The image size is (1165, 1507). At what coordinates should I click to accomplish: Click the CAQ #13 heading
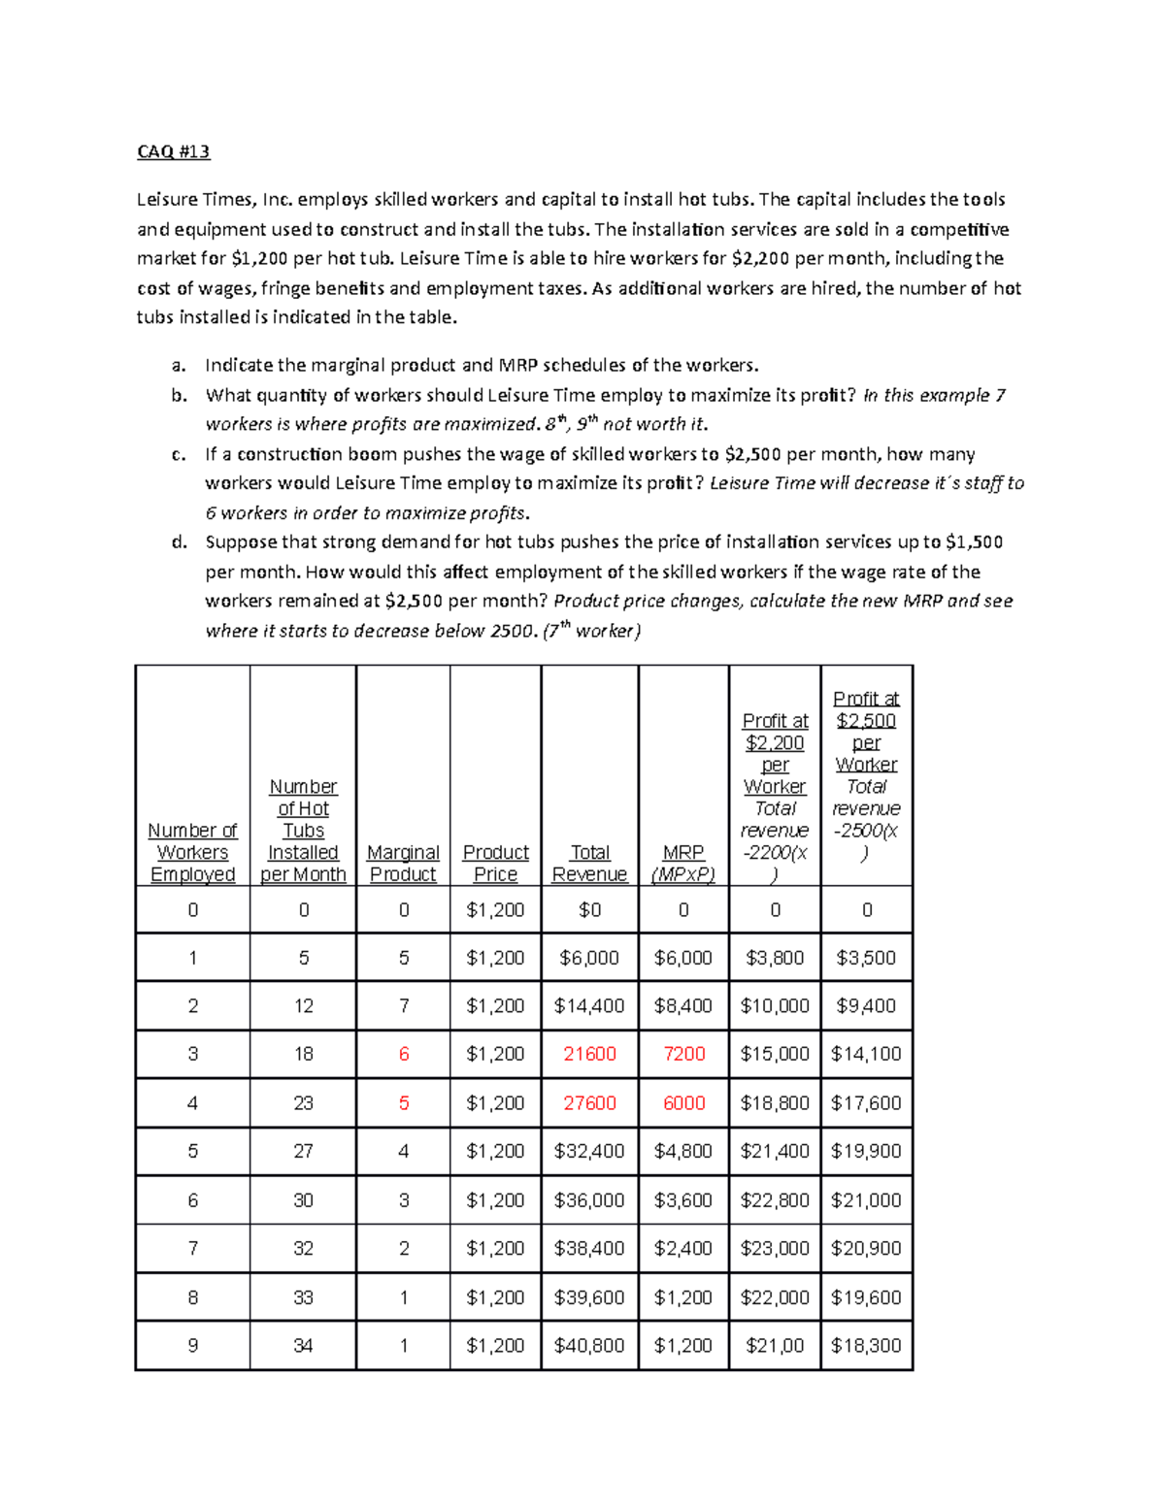pos(173,151)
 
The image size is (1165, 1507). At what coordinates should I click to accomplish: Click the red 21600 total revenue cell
pos(589,1054)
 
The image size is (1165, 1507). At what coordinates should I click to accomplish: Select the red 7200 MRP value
pos(683,1054)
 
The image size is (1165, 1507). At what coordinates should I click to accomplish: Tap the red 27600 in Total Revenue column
pos(589,1102)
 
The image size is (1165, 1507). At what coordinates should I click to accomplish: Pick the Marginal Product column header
pos(403,863)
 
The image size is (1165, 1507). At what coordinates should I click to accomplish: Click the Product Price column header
pos(495,863)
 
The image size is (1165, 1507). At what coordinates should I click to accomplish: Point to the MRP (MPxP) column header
pos(683,863)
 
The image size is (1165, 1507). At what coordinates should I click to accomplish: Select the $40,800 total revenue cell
pos(589,1345)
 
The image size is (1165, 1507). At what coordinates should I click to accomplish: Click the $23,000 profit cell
pos(775,1248)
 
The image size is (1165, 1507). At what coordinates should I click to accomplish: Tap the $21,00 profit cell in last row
pos(775,1345)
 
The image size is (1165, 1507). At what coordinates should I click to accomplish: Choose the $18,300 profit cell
pos(866,1345)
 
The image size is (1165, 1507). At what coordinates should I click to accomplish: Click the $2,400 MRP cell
pos(683,1248)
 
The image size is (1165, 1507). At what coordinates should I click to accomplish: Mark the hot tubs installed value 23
pos(303,1102)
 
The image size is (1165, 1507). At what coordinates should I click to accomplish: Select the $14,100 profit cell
pos(866,1054)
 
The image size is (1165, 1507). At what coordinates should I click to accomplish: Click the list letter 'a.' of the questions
pos(178,366)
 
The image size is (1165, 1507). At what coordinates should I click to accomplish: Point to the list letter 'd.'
pos(179,542)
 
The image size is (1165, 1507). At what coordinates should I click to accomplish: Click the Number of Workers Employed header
pos(192,852)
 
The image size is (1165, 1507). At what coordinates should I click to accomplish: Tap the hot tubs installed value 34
pos(303,1345)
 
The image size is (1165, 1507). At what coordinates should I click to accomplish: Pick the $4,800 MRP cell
pos(683,1151)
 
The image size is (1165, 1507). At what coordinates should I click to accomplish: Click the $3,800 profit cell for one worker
pos(775,958)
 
